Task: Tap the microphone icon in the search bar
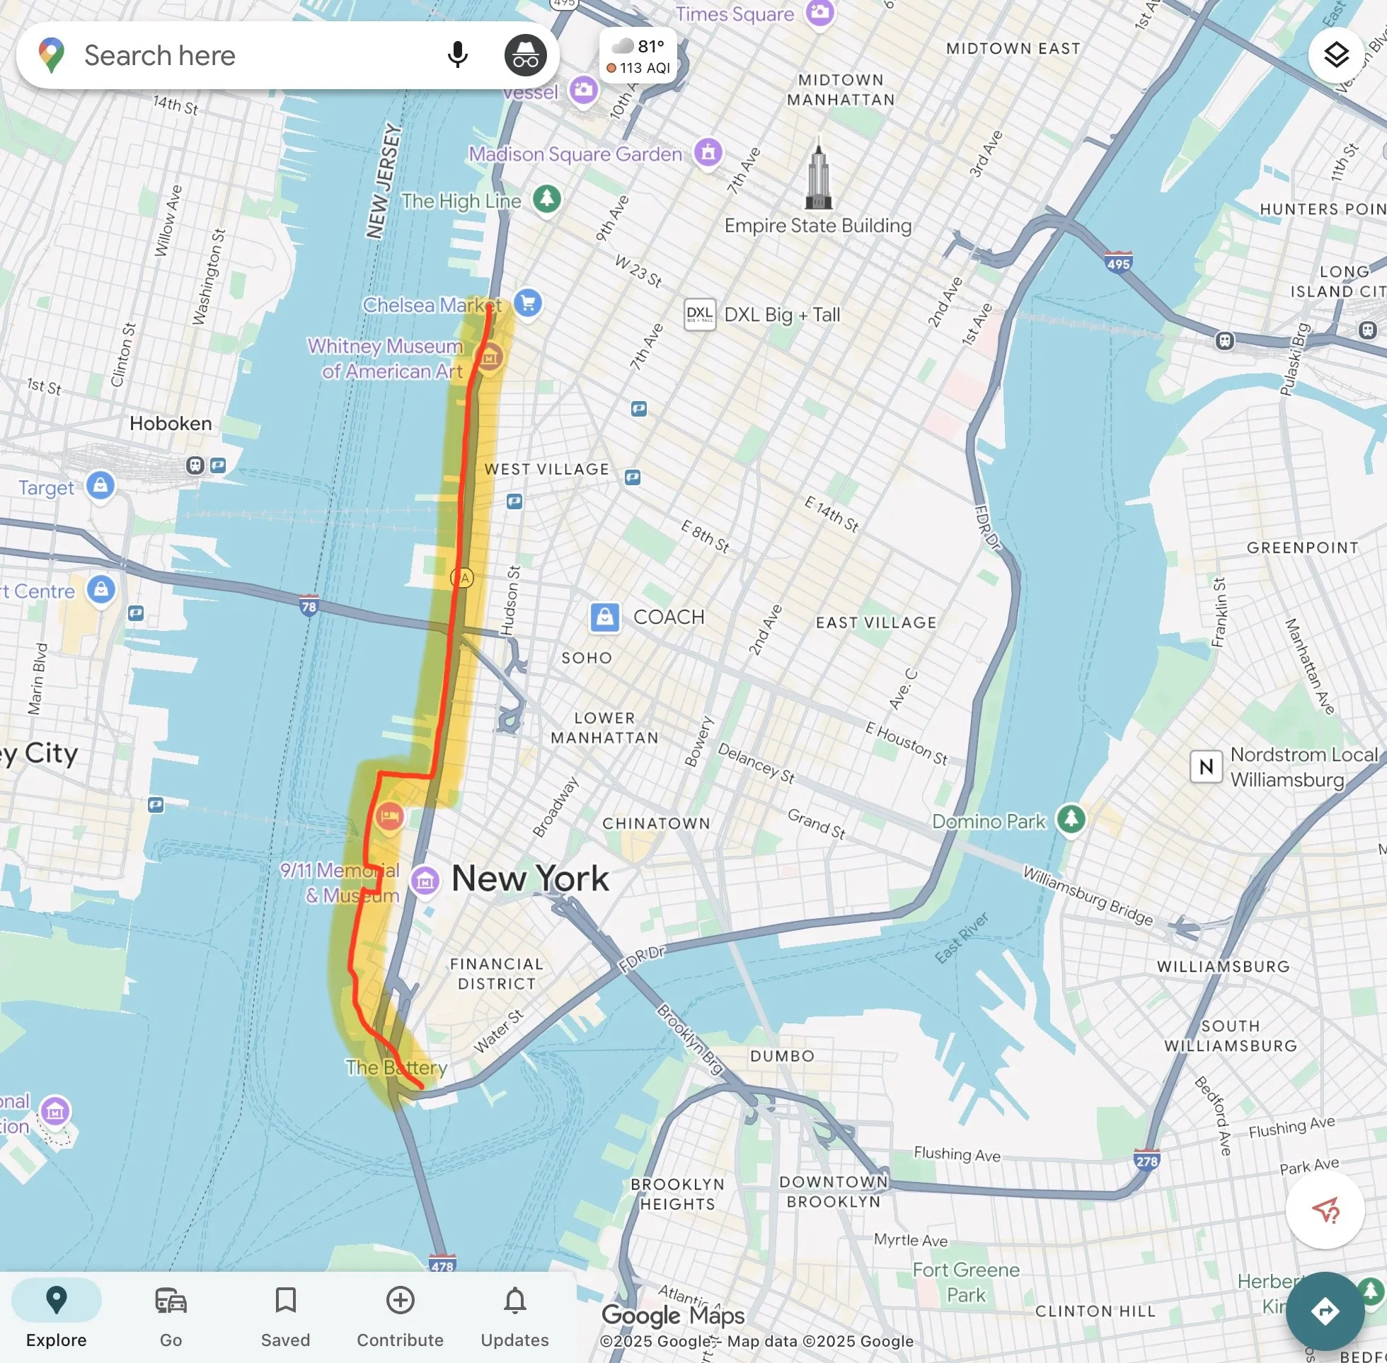point(457,55)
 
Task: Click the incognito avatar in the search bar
point(525,55)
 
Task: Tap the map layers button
point(1335,54)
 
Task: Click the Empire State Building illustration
point(819,175)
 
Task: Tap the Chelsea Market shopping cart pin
point(528,303)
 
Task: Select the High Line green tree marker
point(547,198)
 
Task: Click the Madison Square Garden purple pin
point(708,152)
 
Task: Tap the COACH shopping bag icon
point(604,616)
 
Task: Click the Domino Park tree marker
point(1071,818)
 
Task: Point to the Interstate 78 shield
point(309,605)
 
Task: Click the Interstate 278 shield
point(1146,1161)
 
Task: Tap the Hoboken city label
point(171,423)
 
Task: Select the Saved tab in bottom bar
point(285,1316)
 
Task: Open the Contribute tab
point(400,1316)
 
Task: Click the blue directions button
point(1324,1311)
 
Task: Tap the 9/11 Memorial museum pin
point(425,881)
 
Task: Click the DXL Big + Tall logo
point(700,314)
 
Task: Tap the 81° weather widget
point(638,56)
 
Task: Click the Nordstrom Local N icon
point(1206,767)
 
